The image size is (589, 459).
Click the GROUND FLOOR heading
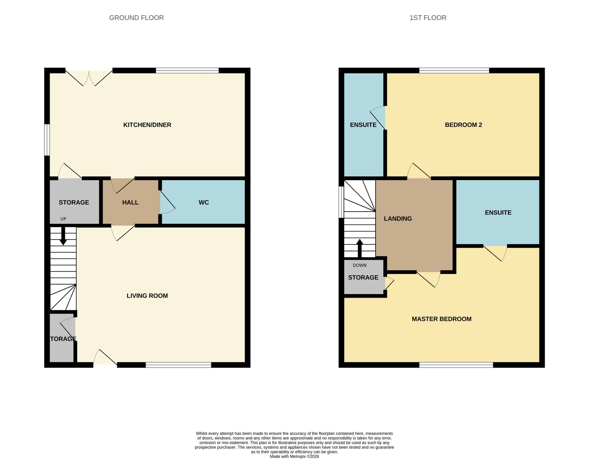point(136,18)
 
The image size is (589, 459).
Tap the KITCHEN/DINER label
point(147,125)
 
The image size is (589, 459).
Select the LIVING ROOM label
point(147,296)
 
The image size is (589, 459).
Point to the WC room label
point(204,202)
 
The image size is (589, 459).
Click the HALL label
point(130,202)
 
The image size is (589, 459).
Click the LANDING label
point(398,218)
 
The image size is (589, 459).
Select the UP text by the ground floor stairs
point(63,219)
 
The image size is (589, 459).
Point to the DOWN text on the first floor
point(360,265)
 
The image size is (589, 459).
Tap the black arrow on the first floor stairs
point(360,248)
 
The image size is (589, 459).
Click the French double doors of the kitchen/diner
point(89,78)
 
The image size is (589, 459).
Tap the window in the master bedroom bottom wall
point(456,365)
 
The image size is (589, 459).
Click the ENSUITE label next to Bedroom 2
point(363,125)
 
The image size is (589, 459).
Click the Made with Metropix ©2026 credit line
point(294,456)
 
